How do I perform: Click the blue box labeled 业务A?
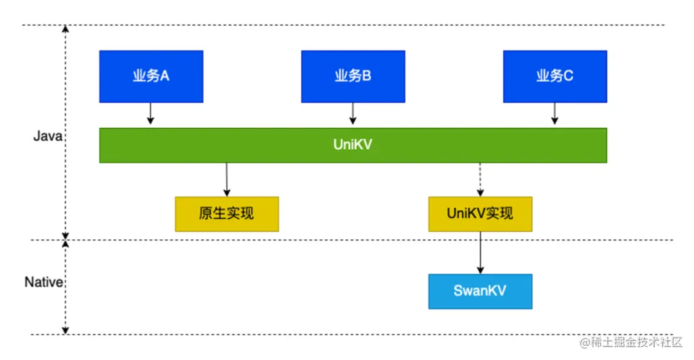151,76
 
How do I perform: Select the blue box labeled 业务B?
353,76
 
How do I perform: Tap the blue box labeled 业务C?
555,76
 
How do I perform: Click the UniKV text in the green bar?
353,145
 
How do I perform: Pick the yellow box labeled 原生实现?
227,214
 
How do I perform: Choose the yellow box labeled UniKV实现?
480,214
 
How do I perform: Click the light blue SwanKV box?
480,291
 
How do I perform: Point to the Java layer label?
48,136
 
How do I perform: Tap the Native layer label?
43,282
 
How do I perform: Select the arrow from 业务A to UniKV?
150,114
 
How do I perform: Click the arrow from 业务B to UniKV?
353,114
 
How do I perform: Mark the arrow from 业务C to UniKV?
555,114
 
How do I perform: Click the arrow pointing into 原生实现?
227,179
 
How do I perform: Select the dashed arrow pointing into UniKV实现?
480,179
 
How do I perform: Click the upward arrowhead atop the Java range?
65,30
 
